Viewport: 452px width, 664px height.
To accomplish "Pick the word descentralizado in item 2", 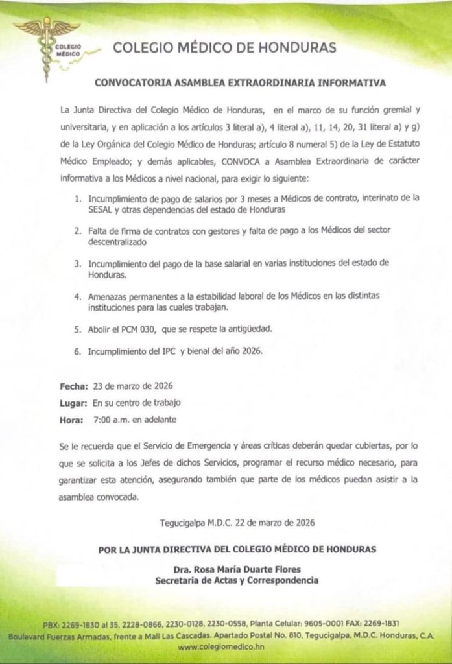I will click(120, 242).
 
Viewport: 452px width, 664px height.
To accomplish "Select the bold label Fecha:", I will click(74, 386).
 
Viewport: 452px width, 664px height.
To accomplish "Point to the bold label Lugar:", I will click(74, 403).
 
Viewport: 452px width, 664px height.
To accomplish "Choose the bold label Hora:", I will click(72, 419).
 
